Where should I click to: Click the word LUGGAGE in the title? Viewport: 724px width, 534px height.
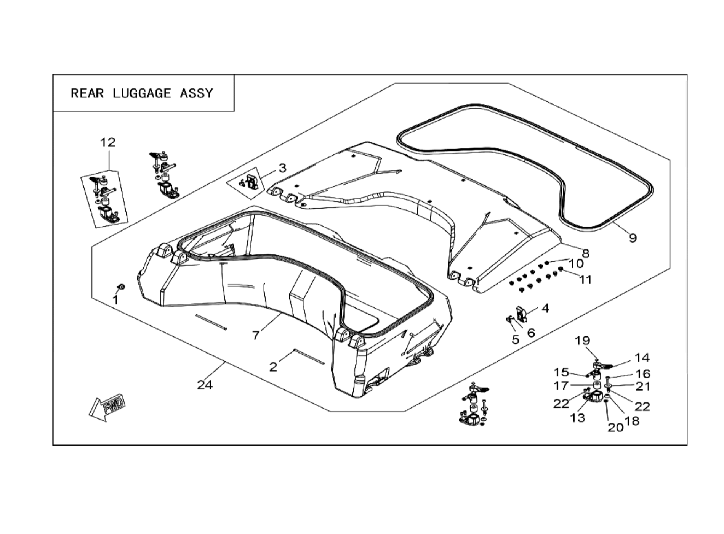[x=142, y=93]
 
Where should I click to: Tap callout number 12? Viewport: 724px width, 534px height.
[x=108, y=143]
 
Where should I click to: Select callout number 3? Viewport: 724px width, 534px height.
[x=282, y=168]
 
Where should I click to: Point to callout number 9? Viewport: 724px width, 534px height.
[x=633, y=238]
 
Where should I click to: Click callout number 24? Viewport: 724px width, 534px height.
[x=205, y=385]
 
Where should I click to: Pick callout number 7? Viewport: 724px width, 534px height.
[x=256, y=335]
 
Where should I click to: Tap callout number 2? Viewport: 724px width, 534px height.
[x=273, y=367]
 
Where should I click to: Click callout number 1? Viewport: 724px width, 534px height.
[x=115, y=300]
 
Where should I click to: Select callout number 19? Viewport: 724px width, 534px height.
[x=582, y=341]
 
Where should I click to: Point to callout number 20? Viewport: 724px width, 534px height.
[x=615, y=428]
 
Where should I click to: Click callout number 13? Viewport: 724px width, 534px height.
[x=578, y=418]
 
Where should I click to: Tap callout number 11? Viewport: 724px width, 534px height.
[x=585, y=280]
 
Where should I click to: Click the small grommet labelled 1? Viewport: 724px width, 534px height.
[x=122, y=287]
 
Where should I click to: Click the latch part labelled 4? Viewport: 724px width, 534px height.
[x=521, y=314]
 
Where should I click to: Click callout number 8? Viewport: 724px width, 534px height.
[x=586, y=254]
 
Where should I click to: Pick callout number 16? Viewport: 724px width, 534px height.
[x=643, y=374]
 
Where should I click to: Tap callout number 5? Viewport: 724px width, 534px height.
[x=516, y=339]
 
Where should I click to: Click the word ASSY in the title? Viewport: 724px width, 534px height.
[x=196, y=93]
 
